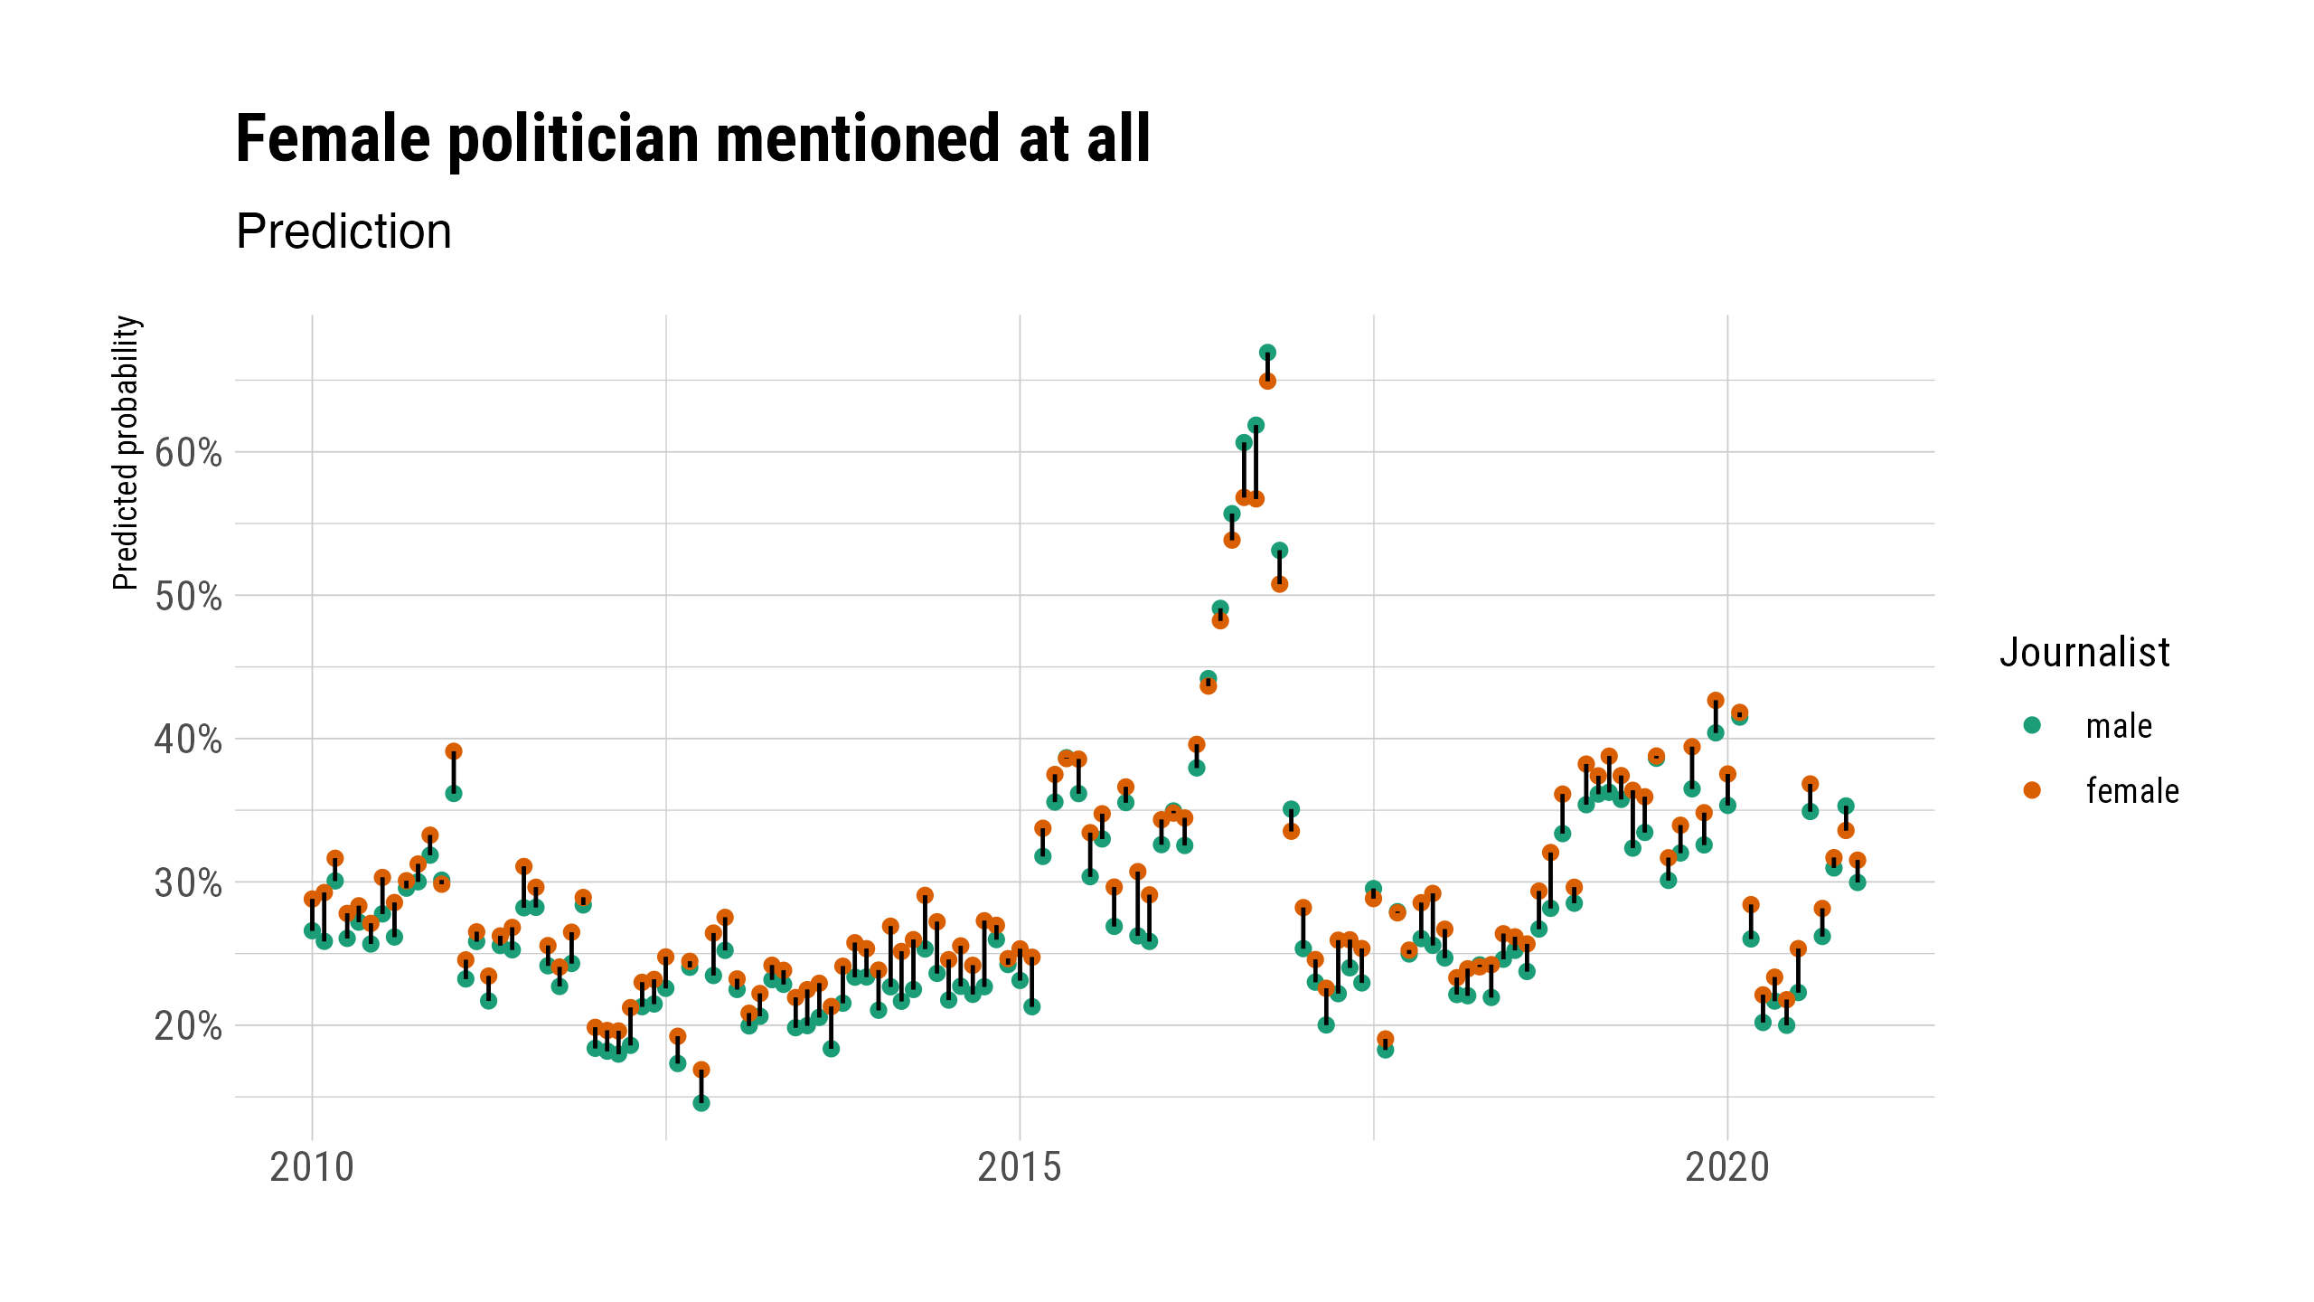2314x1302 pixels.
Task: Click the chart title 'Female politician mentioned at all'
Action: coord(692,140)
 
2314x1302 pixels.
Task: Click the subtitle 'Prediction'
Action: coord(343,231)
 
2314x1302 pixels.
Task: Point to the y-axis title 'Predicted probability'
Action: coord(127,452)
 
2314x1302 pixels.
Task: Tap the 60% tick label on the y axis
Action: coord(188,452)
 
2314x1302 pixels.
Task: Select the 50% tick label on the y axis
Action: coord(188,596)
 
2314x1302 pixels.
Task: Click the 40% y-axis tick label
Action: coord(188,740)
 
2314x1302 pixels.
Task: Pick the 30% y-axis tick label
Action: coord(188,882)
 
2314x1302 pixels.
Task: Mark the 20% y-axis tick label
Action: coord(188,1026)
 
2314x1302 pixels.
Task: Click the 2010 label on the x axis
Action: coord(312,1167)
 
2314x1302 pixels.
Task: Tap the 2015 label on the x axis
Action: coord(1020,1167)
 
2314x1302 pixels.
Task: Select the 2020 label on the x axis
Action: coord(1727,1167)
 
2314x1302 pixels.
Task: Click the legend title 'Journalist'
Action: coord(2084,652)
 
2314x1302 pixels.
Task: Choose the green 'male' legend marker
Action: coord(2032,725)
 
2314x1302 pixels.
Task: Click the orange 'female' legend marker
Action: coord(2032,790)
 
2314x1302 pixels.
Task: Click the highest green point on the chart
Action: coord(1267,353)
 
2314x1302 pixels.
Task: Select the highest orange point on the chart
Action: coord(1267,382)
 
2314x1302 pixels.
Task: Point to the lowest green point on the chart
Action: coord(701,1103)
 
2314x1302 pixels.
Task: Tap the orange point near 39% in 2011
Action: coord(454,751)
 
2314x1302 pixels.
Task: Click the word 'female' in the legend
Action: coord(2132,791)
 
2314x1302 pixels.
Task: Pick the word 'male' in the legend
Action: coord(2119,726)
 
